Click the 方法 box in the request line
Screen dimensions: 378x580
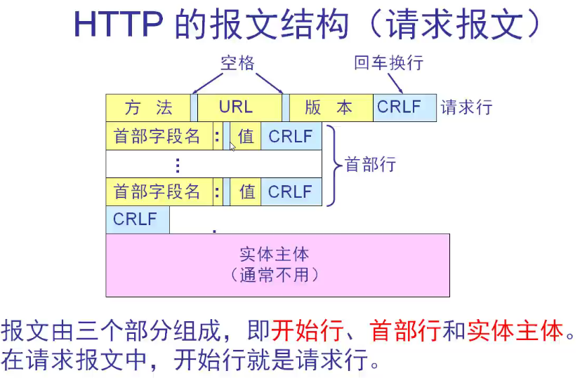[148, 107]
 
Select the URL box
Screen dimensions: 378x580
[236, 107]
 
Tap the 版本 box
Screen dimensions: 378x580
[329, 107]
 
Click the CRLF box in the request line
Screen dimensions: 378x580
[400, 107]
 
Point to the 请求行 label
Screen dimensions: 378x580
[467, 108]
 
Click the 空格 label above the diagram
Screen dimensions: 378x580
[237, 64]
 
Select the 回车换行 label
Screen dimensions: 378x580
[388, 63]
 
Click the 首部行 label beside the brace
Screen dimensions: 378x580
[370, 165]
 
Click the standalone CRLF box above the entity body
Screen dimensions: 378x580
[136, 220]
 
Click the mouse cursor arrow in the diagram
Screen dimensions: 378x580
[233, 146]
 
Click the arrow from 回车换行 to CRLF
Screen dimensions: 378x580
[395, 83]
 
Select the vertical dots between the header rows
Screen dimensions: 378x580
[178, 166]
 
